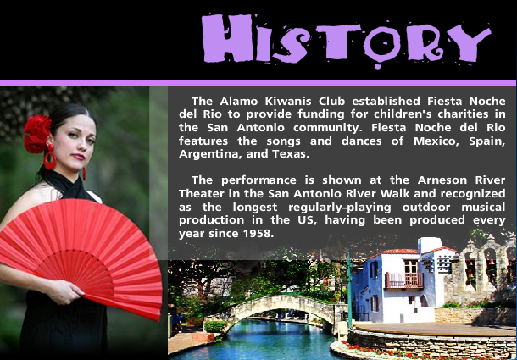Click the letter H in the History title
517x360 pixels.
[227, 38]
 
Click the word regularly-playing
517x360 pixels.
[340, 208]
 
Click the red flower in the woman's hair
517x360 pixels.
[37, 133]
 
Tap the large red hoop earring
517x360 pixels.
[50, 159]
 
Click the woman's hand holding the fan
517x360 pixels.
[65, 291]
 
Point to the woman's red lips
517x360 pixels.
[79, 157]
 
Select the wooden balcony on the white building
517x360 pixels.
[404, 280]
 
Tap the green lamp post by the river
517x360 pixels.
[349, 290]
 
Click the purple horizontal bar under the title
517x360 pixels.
[258, 83]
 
